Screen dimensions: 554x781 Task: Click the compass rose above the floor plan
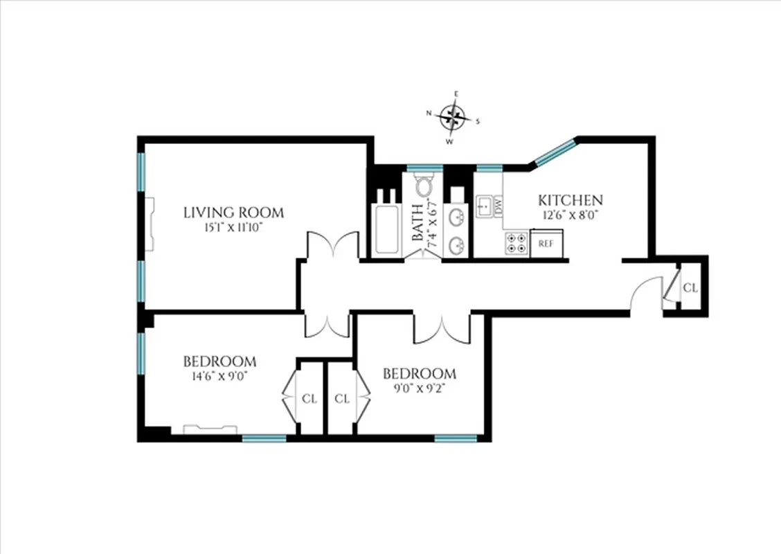(453, 118)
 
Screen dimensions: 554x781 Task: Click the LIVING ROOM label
(233, 213)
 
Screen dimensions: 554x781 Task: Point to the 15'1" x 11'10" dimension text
(233, 226)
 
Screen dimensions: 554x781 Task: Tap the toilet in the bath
(424, 186)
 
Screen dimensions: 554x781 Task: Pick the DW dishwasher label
(498, 206)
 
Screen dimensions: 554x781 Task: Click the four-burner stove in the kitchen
(516, 244)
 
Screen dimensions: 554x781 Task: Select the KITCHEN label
(571, 200)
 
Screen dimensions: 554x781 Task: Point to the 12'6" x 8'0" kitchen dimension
(571, 215)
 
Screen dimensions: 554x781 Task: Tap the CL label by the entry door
(690, 287)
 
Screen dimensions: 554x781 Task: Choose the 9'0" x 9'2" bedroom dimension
(420, 388)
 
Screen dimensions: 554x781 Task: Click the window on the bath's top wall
(424, 168)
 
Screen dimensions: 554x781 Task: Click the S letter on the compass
(478, 122)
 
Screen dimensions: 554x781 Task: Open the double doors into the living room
(333, 246)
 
